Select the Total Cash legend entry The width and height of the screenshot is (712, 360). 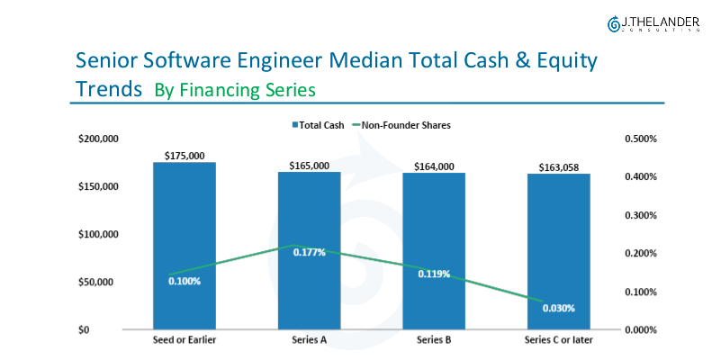click(x=315, y=125)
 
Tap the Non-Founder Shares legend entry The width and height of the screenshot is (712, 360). click(x=401, y=125)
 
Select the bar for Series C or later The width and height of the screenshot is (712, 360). click(x=558, y=243)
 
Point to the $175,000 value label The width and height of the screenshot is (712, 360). click(x=184, y=156)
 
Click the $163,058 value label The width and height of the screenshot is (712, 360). click(x=559, y=167)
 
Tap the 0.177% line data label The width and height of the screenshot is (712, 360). click(x=309, y=252)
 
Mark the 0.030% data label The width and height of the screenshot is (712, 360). click(x=558, y=308)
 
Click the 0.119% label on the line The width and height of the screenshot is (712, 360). click(x=434, y=274)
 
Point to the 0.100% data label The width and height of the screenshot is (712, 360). click(x=185, y=281)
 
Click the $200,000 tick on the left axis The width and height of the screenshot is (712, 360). click(x=97, y=139)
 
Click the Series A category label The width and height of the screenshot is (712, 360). click(x=309, y=341)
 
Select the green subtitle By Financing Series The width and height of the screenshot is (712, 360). click(x=234, y=90)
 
